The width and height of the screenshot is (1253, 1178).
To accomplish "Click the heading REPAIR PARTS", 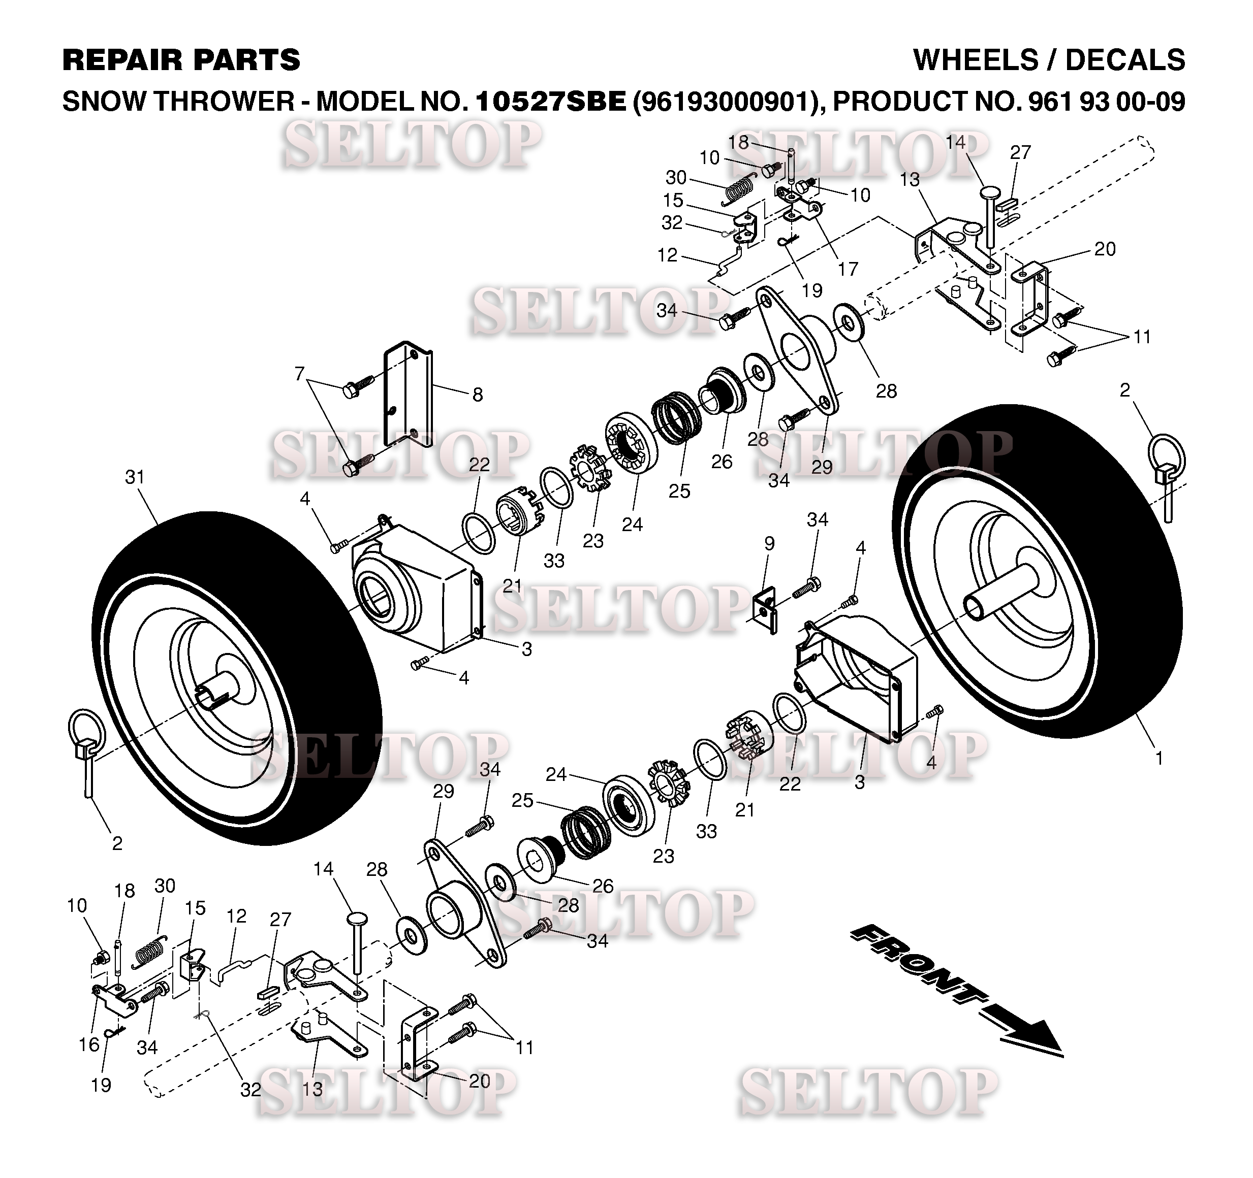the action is [181, 60].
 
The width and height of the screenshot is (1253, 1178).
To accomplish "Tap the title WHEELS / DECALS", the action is [1049, 60].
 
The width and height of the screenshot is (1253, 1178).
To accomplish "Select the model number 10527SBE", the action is [551, 102].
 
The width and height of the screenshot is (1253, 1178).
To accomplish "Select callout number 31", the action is [135, 477].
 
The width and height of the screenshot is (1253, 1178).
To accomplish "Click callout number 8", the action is [478, 395].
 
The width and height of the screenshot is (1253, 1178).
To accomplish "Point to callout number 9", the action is [769, 543].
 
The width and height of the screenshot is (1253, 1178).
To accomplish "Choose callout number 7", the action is [299, 374].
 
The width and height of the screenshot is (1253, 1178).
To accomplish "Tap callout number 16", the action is [89, 1044].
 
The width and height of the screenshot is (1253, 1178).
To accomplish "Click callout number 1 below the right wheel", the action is [1158, 759].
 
